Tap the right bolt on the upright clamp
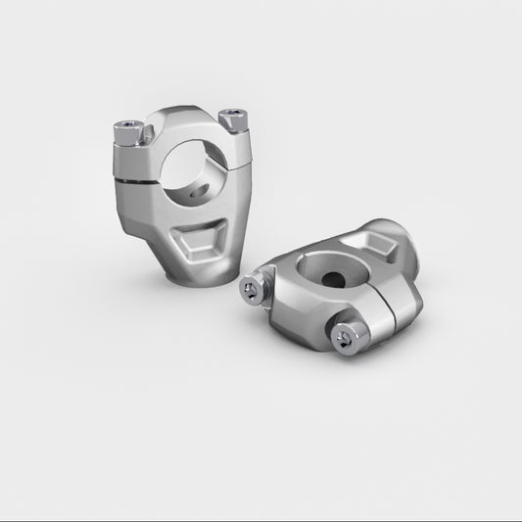[233, 119]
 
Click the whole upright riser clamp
[182, 196]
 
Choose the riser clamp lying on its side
[338, 289]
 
